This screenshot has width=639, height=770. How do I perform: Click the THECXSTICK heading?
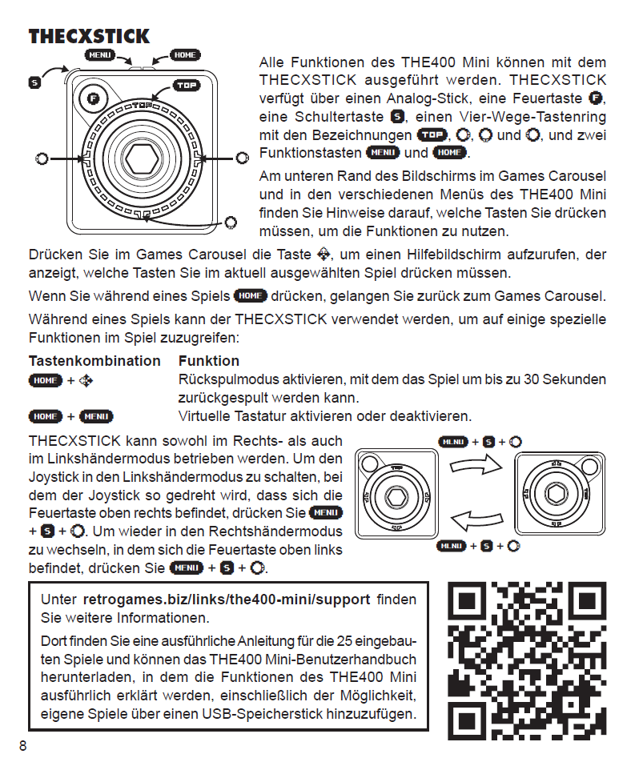click(x=89, y=36)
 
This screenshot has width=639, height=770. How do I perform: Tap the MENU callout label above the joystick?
click(x=100, y=55)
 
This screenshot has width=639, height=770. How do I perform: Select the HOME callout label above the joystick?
click(x=185, y=55)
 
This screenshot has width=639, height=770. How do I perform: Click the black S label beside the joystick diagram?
click(x=34, y=82)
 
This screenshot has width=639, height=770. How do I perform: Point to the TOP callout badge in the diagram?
click(x=187, y=86)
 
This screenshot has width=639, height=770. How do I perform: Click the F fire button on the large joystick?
click(x=93, y=99)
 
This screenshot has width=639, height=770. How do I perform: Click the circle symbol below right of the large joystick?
click(x=231, y=222)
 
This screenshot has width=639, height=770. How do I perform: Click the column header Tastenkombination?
click(x=94, y=361)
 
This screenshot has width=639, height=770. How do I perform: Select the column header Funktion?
click(x=209, y=361)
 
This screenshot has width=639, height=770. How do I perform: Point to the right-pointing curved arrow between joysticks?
click(x=484, y=465)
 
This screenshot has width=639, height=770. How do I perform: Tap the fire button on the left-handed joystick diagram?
click(x=587, y=467)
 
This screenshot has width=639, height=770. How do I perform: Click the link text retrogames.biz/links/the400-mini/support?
click(x=227, y=600)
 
